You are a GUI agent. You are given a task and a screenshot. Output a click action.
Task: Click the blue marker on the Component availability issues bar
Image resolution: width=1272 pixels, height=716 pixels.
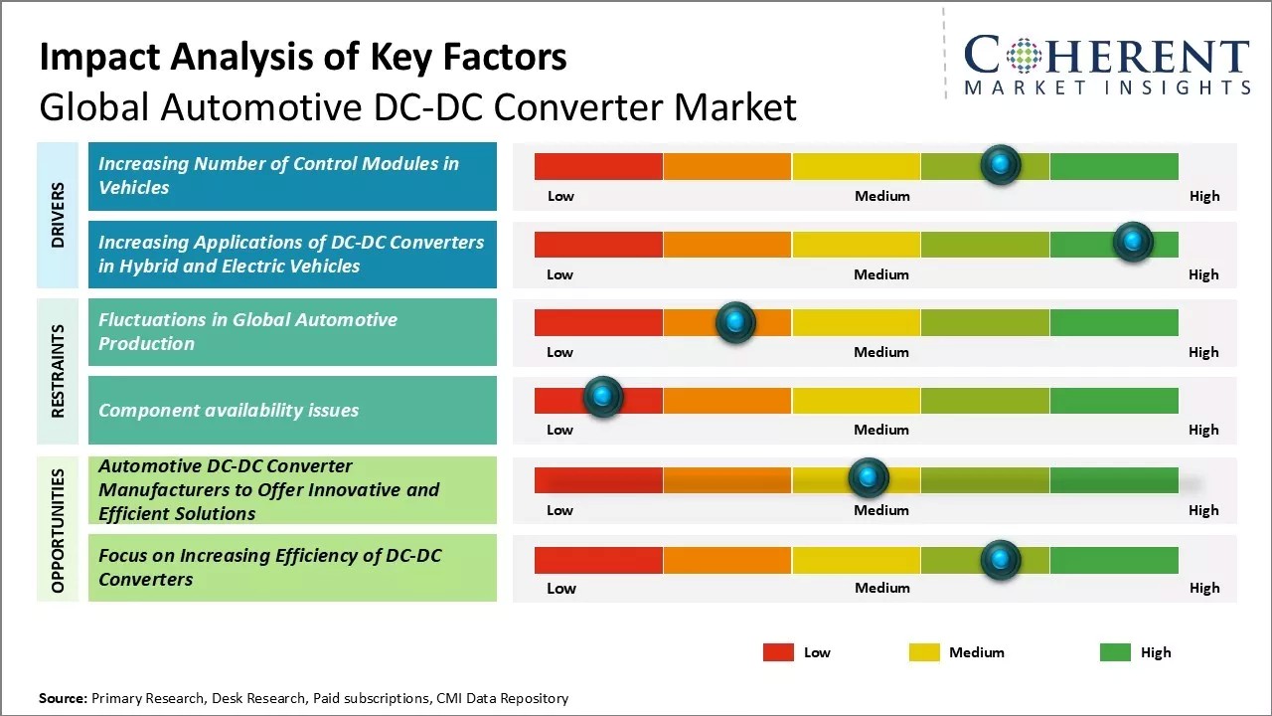pyautogui.click(x=602, y=397)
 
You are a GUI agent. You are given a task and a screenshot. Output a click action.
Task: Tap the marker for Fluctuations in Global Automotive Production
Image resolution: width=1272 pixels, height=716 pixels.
pyautogui.click(x=735, y=321)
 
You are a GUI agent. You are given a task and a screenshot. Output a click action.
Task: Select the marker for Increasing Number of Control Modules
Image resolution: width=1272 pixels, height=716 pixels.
pyautogui.click(x=1001, y=164)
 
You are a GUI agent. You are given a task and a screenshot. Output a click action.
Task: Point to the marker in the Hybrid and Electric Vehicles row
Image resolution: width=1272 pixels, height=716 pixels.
pyautogui.click(x=1133, y=242)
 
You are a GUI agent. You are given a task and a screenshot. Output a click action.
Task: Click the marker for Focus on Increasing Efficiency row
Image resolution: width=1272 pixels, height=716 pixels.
pyautogui.click(x=1001, y=560)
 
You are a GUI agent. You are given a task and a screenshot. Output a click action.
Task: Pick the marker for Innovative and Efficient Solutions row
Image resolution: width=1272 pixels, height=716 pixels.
pyautogui.click(x=869, y=478)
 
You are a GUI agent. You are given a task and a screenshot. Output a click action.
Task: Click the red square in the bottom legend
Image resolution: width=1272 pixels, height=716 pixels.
pyautogui.click(x=778, y=652)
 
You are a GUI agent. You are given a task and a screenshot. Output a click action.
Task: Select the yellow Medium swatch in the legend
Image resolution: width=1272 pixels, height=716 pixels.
pyautogui.click(x=924, y=652)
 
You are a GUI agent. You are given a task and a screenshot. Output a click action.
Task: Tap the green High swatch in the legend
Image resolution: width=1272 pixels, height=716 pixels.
pyautogui.click(x=1115, y=652)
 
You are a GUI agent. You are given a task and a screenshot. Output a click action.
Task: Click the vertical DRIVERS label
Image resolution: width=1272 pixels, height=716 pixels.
pyautogui.click(x=58, y=215)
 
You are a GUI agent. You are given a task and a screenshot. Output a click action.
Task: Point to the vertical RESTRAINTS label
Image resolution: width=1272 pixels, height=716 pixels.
pyautogui.click(x=58, y=371)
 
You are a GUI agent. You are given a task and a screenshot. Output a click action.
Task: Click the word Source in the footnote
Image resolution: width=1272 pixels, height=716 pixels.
pyautogui.click(x=62, y=698)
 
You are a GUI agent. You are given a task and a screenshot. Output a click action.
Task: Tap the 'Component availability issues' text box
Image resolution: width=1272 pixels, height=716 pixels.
pyautogui.click(x=292, y=410)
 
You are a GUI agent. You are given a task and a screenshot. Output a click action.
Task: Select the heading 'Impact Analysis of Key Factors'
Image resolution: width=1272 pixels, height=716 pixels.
pyautogui.click(x=303, y=58)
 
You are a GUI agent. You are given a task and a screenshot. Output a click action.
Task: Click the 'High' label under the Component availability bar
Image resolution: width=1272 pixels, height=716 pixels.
pyautogui.click(x=1203, y=430)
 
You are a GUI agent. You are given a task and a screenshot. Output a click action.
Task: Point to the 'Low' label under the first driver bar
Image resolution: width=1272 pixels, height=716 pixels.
pyautogui.click(x=560, y=196)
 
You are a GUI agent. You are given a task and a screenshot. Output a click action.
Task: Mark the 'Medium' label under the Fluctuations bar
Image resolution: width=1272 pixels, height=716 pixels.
pyautogui.click(x=881, y=352)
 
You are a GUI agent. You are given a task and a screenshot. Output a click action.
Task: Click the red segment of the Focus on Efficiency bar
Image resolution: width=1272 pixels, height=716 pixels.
pyautogui.click(x=598, y=561)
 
